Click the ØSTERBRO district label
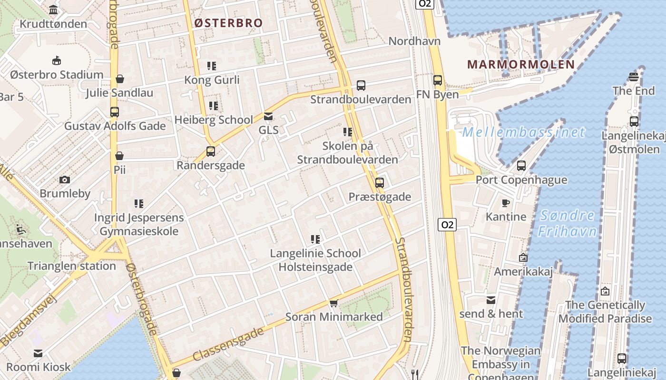point(228,23)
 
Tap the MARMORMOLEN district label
point(521,64)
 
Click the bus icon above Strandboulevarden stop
point(361,85)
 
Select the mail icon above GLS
point(268,116)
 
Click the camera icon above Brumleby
point(65,180)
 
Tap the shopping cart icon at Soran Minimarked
point(334,303)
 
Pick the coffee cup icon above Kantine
point(506,203)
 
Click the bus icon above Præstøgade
point(380,182)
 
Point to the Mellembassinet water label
point(523,132)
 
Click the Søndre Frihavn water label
point(567,223)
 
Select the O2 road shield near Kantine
point(447,225)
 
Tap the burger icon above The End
point(633,76)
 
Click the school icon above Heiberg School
point(213,105)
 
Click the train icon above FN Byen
point(438,80)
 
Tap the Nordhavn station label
point(414,41)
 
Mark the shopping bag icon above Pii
point(119,156)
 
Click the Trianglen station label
point(72,266)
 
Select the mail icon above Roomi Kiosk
point(38,353)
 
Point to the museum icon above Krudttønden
point(53,9)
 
